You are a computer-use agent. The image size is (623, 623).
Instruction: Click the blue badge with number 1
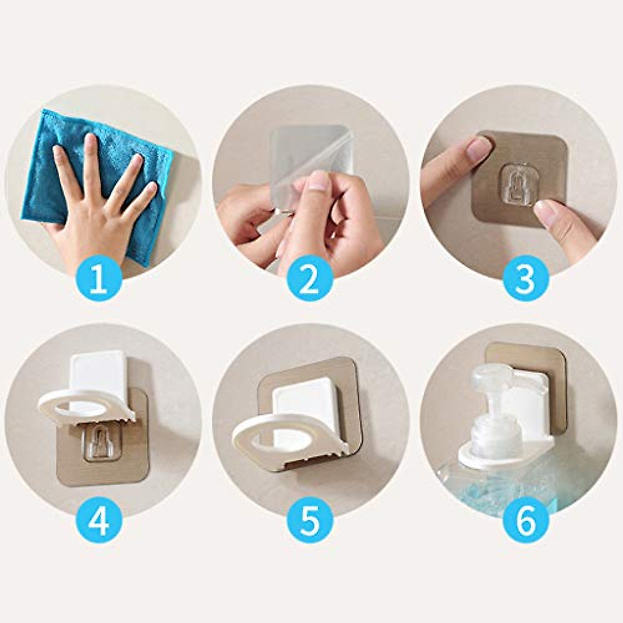coord(99,281)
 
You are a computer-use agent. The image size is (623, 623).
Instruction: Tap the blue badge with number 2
coord(310,281)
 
